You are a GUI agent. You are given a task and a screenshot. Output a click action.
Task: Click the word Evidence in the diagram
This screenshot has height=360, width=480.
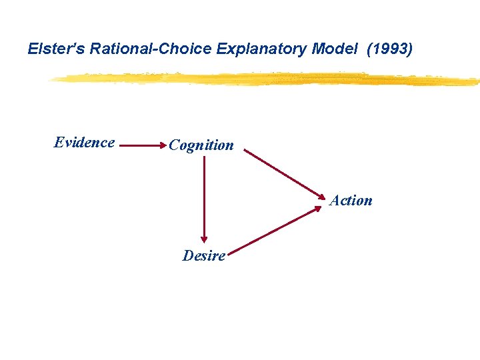click(x=84, y=143)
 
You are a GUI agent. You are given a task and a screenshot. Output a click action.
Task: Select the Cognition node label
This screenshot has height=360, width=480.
click(x=201, y=145)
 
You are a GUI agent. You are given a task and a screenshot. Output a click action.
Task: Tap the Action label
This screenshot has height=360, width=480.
click(x=351, y=201)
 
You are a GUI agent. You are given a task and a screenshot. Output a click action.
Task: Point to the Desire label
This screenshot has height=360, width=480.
click(x=204, y=256)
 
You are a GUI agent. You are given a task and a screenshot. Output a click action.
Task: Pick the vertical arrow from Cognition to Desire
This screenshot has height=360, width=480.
click(x=204, y=200)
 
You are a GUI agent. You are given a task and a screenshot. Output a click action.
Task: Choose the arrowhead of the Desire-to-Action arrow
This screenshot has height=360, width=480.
click(x=318, y=209)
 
